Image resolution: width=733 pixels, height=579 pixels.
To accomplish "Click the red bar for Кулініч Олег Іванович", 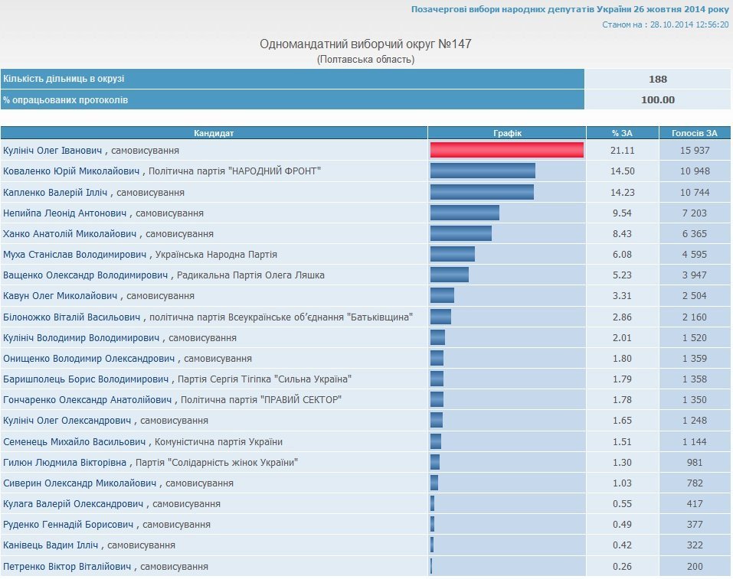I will coord(506,151).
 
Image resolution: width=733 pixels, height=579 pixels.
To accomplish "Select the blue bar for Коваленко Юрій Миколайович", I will coord(483,171).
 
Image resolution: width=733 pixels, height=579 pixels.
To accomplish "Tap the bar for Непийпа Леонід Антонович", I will coord(464,213).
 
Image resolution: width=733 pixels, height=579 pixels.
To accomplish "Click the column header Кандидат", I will coord(214,133).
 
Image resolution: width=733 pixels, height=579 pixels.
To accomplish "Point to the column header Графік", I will coord(507,133).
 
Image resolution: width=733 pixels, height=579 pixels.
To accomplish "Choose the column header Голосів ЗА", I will coord(695,133).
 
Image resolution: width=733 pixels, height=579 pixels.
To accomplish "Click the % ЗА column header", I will coord(622,133).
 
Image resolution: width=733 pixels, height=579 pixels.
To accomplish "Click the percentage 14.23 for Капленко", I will coord(622,192).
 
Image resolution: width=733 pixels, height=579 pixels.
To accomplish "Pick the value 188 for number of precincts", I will coord(657,79).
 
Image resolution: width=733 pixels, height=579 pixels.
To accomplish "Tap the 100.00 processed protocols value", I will coord(657,99).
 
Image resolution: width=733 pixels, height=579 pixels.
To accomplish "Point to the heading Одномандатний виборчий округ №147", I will coord(366,44).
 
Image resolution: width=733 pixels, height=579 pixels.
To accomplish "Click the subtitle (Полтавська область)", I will coord(366,59).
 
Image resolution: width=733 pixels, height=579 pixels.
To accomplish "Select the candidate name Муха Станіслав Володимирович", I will coord(74,254).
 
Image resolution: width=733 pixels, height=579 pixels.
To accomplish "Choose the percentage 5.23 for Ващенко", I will coord(622,275).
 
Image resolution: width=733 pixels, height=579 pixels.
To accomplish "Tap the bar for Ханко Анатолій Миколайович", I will coord(460,233).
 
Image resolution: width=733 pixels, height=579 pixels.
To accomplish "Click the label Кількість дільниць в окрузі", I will coord(64,79).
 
